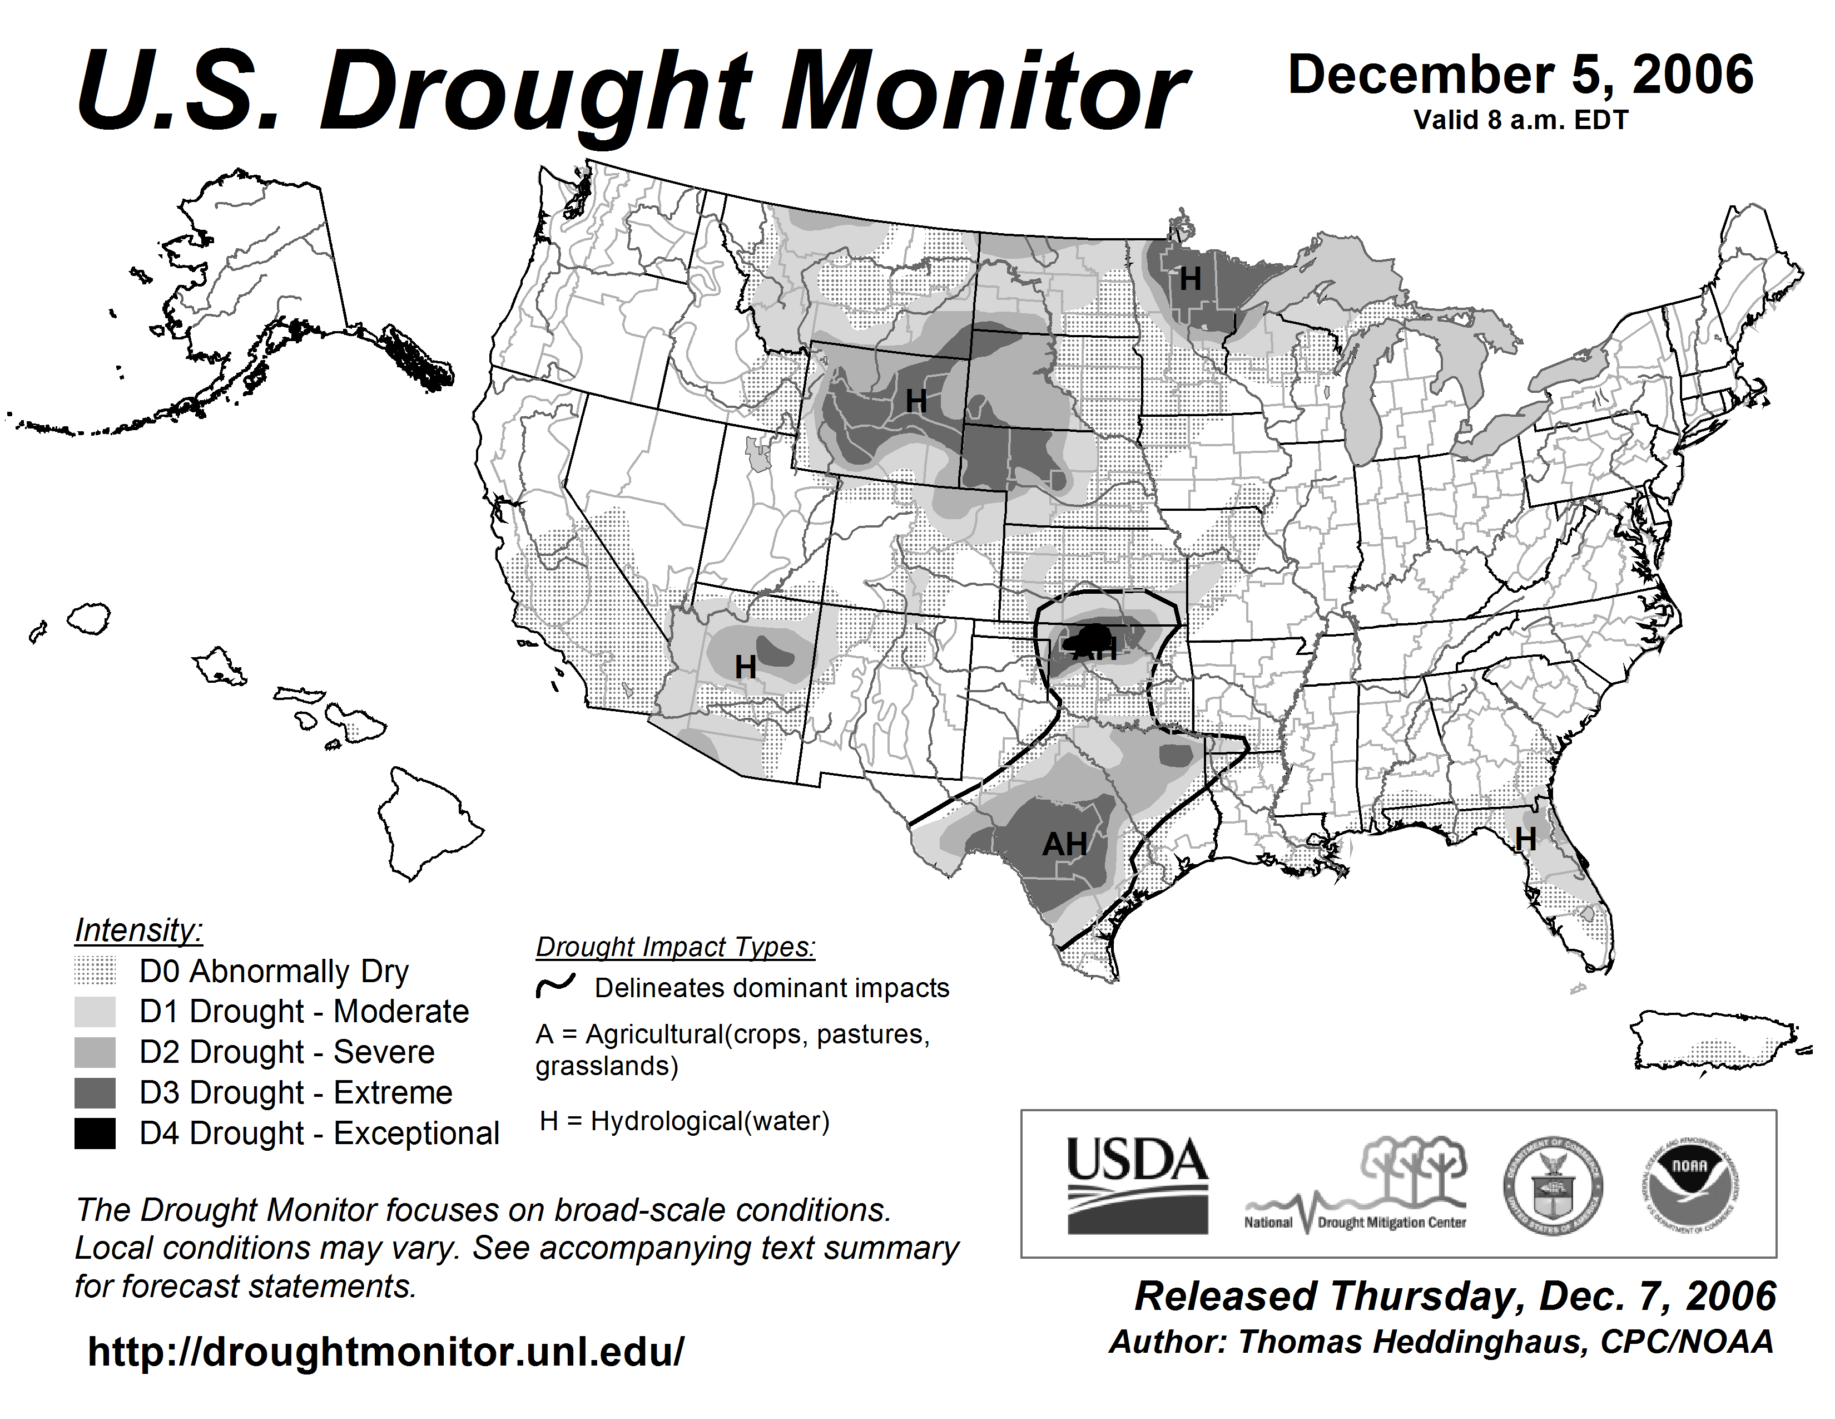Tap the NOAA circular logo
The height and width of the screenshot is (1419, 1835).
pos(1690,1185)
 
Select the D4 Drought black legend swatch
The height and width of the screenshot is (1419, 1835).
pos(95,1133)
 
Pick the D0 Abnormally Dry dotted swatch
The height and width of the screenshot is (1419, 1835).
pos(95,971)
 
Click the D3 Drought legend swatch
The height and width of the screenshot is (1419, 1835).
pos(95,1093)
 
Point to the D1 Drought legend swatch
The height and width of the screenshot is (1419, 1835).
pos(95,1011)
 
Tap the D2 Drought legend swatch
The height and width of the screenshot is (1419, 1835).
pos(95,1052)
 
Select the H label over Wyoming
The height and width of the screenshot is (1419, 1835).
pos(916,402)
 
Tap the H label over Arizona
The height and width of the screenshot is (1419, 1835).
pos(745,667)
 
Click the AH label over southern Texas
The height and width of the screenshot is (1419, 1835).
pos(1064,844)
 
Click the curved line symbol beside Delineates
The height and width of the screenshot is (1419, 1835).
pos(556,985)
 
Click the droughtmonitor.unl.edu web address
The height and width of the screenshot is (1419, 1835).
pos(386,1352)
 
